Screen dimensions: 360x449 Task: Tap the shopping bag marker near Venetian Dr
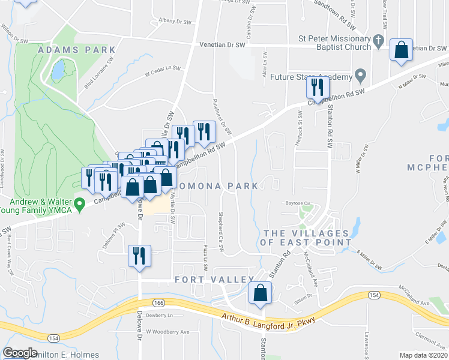(401, 50)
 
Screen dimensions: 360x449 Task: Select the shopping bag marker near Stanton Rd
(261, 293)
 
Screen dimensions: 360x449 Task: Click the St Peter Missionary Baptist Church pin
(378, 41)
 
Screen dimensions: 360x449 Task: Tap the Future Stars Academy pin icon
(360, 76)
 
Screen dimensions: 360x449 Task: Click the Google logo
(20, 353)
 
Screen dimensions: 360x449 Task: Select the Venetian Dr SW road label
(224, 45)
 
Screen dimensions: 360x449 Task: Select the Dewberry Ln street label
(159, 315)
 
